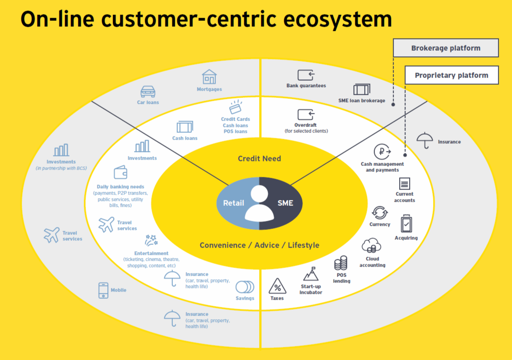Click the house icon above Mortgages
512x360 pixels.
coord(209,77)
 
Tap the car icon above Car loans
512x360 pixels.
coord(148,92)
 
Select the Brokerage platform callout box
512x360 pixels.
coord(445,48)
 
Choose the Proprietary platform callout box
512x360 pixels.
coord(451,75)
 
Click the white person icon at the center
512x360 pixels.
coord(259,203)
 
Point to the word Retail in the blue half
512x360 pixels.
coord(234,203)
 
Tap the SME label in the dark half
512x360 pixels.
coord(285,203)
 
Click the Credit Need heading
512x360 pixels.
coord(259,159)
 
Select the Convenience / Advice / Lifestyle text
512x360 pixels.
coord(259,245)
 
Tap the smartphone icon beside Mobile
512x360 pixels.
coord(103,290)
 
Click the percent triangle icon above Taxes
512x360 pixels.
coord(277,287)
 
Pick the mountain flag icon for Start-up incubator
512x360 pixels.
coord(311,274)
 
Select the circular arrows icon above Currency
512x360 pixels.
coord(379,213)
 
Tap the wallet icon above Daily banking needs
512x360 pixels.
coord(120,173)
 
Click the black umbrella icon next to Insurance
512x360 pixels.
coord(424,141)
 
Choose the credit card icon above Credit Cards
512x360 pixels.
coord(235,107)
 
